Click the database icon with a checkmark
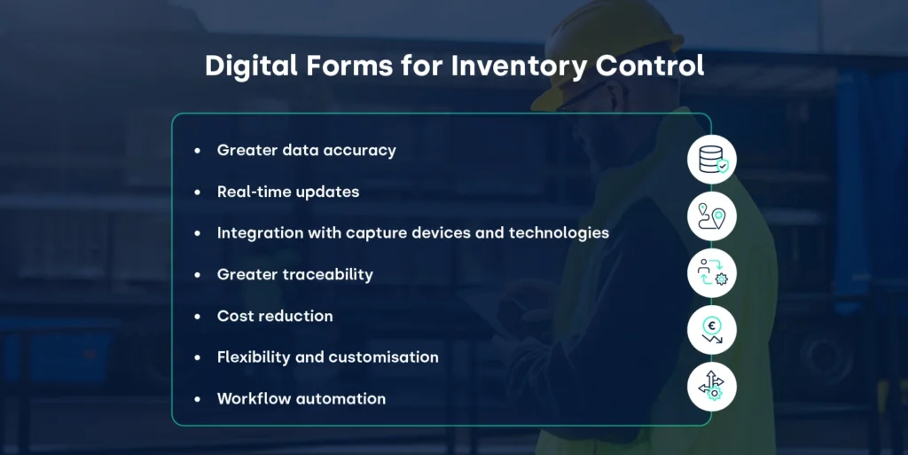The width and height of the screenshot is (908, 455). point(712,160)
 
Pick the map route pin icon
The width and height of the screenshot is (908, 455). point(712,216)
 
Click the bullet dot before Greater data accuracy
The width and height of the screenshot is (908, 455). point(198,151)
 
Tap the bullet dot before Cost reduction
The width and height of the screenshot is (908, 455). point(198,317)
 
